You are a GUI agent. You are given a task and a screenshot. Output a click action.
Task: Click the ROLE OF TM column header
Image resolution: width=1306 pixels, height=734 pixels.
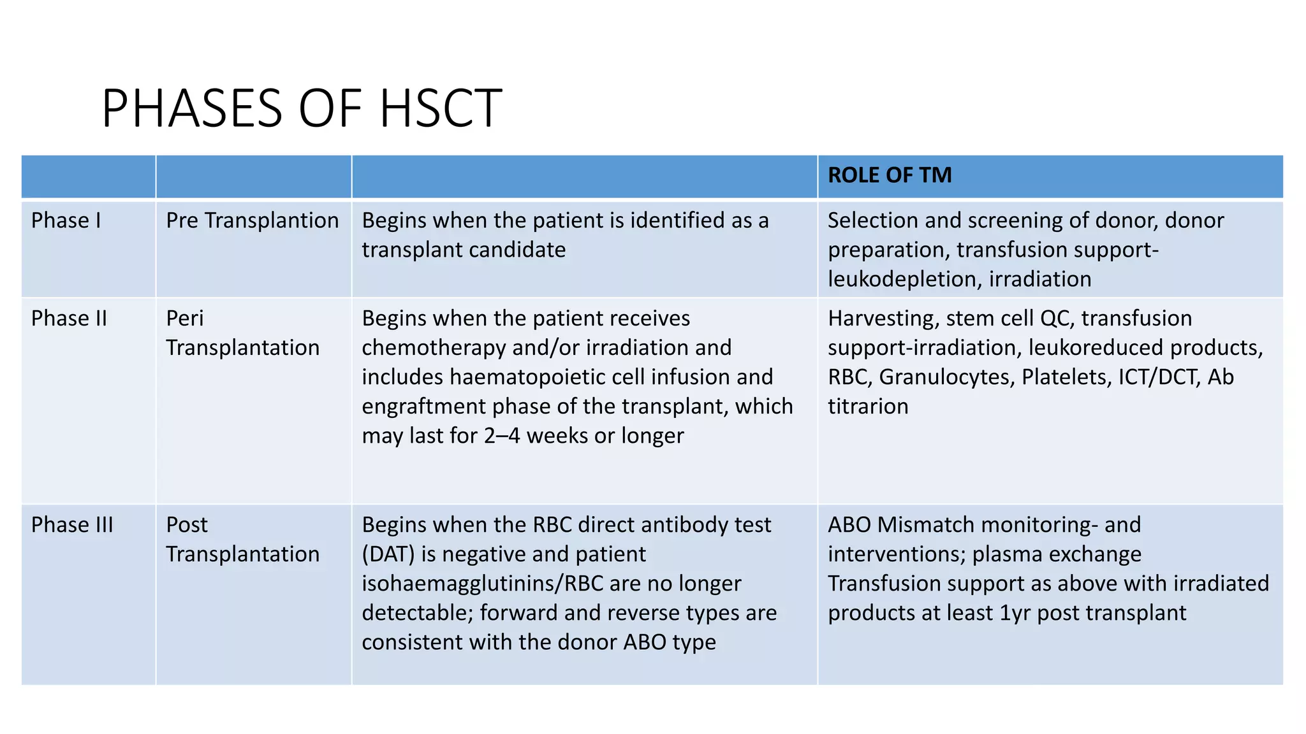click(889, 175)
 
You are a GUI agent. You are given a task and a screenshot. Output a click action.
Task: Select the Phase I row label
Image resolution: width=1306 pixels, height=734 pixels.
click(66, 220)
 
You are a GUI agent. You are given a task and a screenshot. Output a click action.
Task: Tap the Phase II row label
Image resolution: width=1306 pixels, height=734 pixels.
click(69, 319)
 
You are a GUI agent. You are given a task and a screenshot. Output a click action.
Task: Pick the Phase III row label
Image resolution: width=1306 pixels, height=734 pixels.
click(72, 525)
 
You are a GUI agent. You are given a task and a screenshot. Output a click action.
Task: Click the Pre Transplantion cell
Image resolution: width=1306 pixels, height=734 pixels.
click(252, 220)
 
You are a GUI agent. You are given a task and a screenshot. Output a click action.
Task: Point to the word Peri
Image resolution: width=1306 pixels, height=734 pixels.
click(184, 319)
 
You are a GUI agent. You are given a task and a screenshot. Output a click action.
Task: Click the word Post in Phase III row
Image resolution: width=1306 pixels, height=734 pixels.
click(187, 525)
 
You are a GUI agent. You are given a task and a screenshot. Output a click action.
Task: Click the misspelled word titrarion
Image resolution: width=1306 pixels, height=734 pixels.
click(867, 407)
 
